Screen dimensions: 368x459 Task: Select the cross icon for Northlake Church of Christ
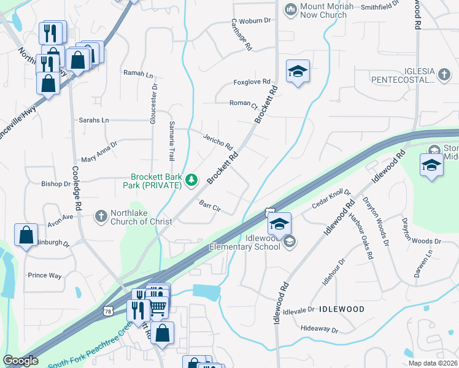pyautogui.click(x=101, y=215)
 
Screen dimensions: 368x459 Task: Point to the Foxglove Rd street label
pyautogui.click(x=252, y=82)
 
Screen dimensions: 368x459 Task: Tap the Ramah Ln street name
pyautogui.click(x=138, y=74)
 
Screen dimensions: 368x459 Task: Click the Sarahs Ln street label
pyautogui.click(x=93, y=120)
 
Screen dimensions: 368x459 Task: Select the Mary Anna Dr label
pyautogui.click(x=99, y=151)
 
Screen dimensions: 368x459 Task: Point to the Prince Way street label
pyautogui.click(x=45, y=275)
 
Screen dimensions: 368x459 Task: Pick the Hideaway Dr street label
pyautogui.click(x=320, y=329)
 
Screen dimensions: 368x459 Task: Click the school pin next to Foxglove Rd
pyautogui.click(x=298, y=72)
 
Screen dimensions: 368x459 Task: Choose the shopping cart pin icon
pyautogui.click(x=158, y=307)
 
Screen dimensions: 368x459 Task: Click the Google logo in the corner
pyautogui.click(x=20, y=361)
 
